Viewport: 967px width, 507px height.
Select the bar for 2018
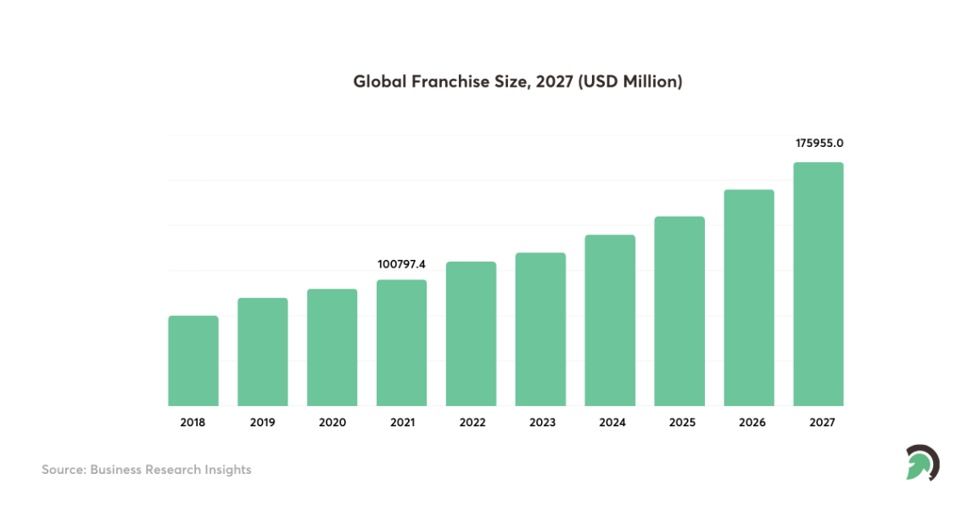pyautogui.click(x=193, y=361)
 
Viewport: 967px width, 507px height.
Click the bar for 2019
pyautogui.click(x=263, y=352)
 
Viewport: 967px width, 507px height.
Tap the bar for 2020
pyautogui.click(x=333, y=347)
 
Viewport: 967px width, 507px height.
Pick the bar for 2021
pyautogui.click(x=401, y=342)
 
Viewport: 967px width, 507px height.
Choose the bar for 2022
pyautogui.click(x=471, y=334)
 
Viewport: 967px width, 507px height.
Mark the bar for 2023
pyautogui.click(x=540, y=329)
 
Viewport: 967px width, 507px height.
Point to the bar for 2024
pyautogui.click(x=610, y=320)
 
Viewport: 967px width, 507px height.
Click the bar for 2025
pyautogui.click(x=679, y=311)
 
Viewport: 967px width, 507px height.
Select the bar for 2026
pyautogui.click(x=749, y=297)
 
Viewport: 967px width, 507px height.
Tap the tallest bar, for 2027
pyautogui.click(x=819, y=284)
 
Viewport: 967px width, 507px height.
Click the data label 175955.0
pyautogui.click(x=819, y=144)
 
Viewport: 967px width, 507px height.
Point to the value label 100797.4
pyautogui.click(x=402, y=265)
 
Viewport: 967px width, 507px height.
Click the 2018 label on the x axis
pyautogui.click(x=193, y=422)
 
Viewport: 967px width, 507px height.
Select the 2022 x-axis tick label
pyautogui.click(x=471, y=422)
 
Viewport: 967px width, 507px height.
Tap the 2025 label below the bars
pyautogui.click(x=679, y=422)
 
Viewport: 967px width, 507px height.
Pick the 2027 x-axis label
pyautogui.click(x=819, y=422)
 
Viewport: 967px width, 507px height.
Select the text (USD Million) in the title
pyautogui.click(x=629, y=82)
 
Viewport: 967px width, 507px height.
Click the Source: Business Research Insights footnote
pyautogui.click(x=147, y=470)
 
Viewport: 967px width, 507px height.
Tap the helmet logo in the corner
pyautogui.click(x=922, y=463)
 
